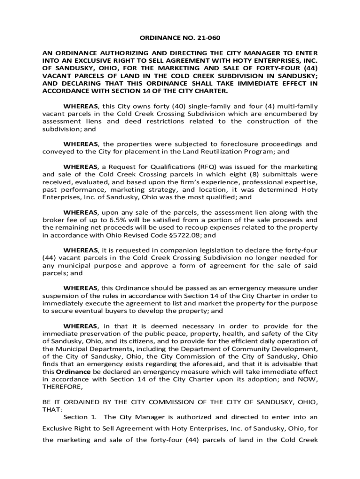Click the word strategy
tap(163, 190)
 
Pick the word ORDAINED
tap(74, 402)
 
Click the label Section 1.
tap(75, 417)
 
